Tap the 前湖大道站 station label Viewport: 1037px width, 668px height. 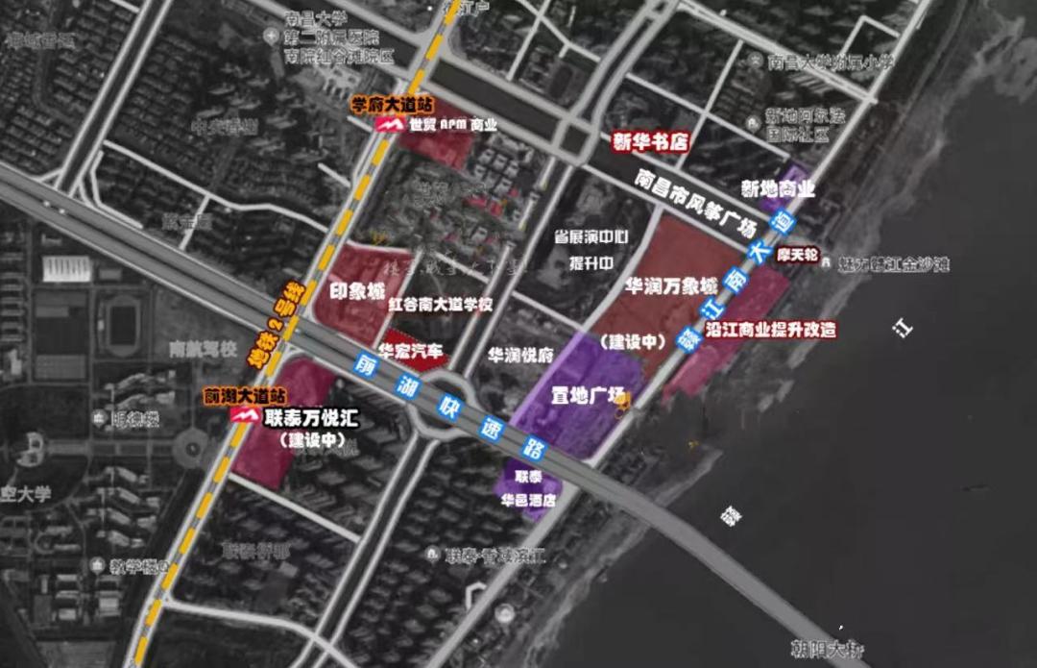244,395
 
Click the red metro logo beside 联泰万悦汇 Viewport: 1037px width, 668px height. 247,415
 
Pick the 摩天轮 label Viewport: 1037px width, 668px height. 797,257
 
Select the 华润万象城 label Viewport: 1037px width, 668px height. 670,286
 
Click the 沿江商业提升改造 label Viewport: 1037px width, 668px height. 770,330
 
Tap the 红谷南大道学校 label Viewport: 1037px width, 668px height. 441,305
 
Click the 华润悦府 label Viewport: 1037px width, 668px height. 519,354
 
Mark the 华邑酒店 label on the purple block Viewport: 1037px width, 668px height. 528,500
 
